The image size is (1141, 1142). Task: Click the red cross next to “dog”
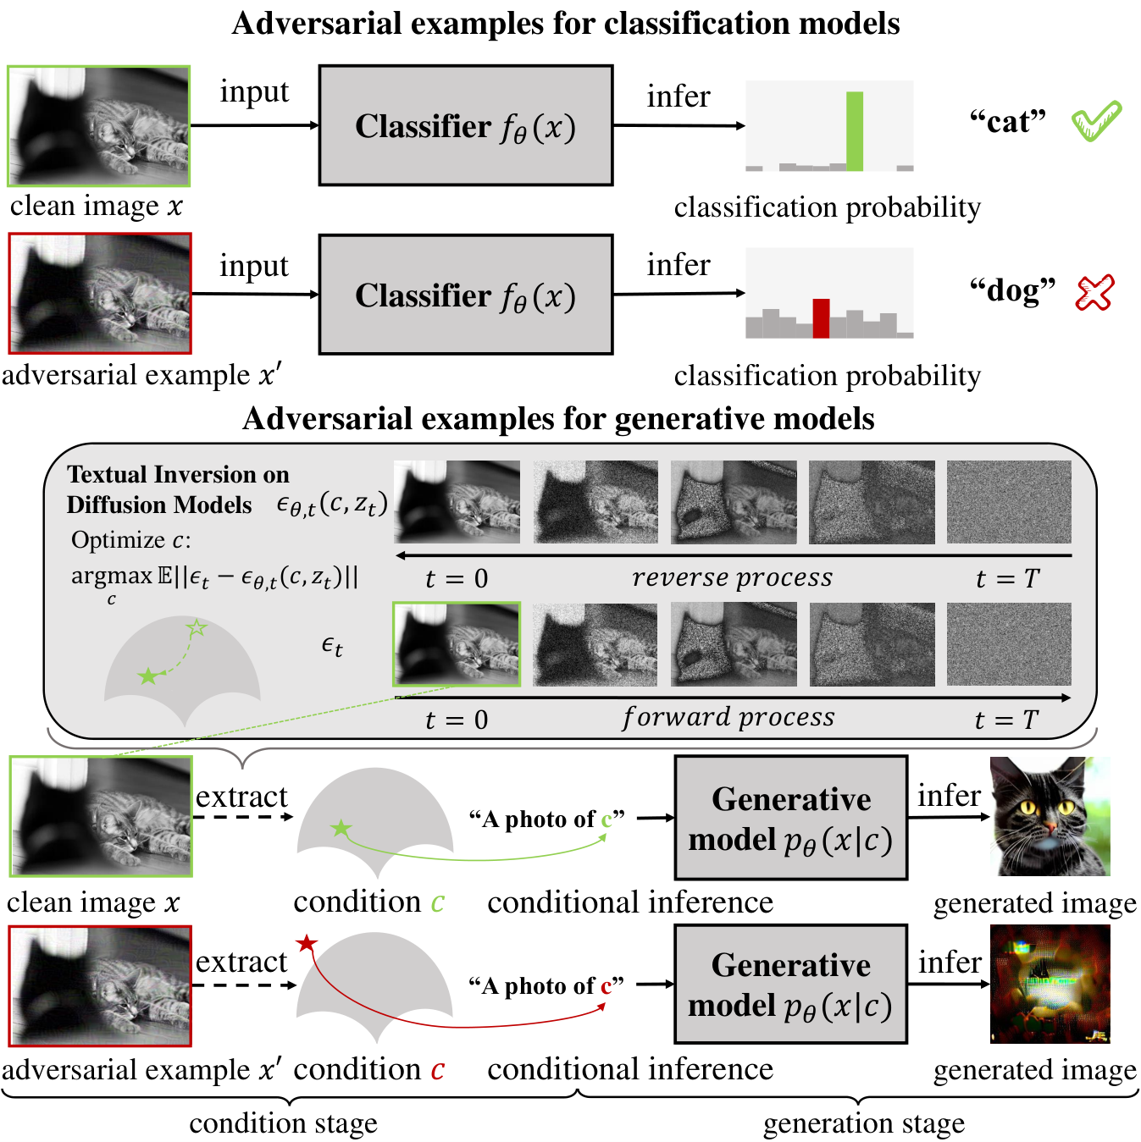1094,293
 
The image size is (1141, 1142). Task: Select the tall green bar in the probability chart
854,131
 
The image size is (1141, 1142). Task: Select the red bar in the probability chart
821,318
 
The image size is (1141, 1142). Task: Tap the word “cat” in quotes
1007,122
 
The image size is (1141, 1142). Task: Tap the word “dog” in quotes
1012,291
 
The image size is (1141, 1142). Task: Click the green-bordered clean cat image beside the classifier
98,126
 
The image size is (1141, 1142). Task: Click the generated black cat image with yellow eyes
1050,816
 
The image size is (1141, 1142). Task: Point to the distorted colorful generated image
1050,984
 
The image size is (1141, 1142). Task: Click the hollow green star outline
197,627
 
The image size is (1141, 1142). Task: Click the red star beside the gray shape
307,942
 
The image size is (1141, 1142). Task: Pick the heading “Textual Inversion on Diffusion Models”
178,489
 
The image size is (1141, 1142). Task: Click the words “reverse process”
732,577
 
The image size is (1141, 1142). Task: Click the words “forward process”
728,718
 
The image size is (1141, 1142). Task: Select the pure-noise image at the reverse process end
1009,502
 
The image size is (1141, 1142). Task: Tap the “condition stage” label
283,1122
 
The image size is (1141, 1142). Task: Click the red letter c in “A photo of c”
607,987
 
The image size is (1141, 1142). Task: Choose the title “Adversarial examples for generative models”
558,418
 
